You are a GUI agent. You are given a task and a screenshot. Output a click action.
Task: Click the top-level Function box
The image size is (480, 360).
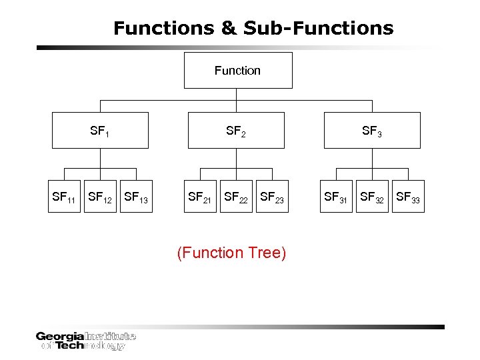coord(238,70)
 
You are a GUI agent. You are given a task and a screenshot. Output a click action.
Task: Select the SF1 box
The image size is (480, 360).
coord(99,131)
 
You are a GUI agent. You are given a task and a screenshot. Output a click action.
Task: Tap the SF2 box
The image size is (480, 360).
coord(236,131)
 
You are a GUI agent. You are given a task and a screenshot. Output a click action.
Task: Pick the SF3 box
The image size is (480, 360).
coord(372,131)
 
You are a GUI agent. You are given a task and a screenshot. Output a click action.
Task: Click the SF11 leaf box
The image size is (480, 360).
coord(64,197)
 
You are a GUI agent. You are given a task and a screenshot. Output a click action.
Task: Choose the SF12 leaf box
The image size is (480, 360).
coord(100,197)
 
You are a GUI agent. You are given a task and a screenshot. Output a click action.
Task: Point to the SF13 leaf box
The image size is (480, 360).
coord(136,197)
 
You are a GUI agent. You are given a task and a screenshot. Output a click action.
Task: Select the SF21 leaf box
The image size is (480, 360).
coord(201,197)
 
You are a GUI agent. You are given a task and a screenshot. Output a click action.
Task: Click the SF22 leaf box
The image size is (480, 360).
coord(237,197)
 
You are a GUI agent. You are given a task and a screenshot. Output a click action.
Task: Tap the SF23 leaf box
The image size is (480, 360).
coord(273,197)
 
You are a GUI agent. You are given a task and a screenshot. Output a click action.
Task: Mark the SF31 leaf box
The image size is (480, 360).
coord(336,197)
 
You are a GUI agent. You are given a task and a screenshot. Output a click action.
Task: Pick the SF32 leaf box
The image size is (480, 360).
coord(372,197)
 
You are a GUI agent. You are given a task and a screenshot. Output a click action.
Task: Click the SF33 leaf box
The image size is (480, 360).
coord(408,197)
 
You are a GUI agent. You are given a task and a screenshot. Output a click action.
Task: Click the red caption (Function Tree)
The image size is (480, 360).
coord(231,253)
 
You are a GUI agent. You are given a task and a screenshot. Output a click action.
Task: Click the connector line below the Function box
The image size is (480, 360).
coord(237,95)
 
